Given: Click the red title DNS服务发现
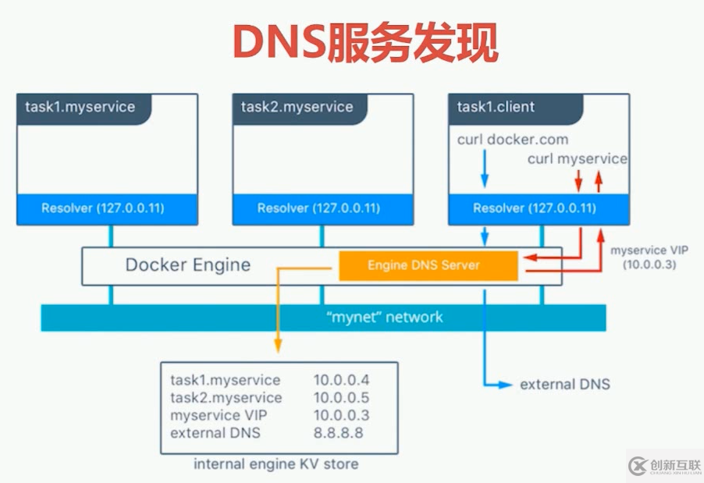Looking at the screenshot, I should pos(365,42).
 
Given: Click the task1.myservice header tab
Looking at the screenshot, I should pos(80,107).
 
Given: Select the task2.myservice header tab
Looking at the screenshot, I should pos(297,107).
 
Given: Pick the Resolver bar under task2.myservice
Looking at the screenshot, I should pos(318,208).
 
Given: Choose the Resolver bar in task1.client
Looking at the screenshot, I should pos(535,208).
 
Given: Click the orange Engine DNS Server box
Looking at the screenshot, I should pos(428,265).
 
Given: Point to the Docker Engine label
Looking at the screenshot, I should pos(188,265).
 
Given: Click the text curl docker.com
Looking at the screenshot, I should pos(513,140).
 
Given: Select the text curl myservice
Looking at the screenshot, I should pos(577,158).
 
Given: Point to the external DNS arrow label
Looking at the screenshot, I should pos(565,384).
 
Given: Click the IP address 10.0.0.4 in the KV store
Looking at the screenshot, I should pos(341,380).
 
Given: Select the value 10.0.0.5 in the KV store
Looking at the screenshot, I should pos(341,397).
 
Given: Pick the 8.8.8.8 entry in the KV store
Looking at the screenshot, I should pos(338,432).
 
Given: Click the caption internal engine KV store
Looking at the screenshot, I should pos(276,463).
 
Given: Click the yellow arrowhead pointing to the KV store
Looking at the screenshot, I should pos(278,347).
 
